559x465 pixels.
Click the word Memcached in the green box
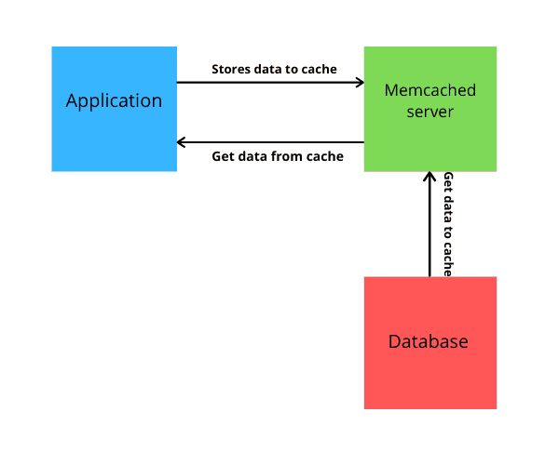(429, 90)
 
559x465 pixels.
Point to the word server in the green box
(429, 112)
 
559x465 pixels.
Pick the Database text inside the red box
(429, 342)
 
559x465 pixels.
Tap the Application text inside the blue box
(114, 100)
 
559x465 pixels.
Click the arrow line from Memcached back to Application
(270, 141)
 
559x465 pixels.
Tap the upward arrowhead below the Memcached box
(429, 177)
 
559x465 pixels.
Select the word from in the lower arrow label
(293, 156)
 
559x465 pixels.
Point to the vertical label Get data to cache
(448, 224)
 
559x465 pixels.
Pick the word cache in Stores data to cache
(318, 69)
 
